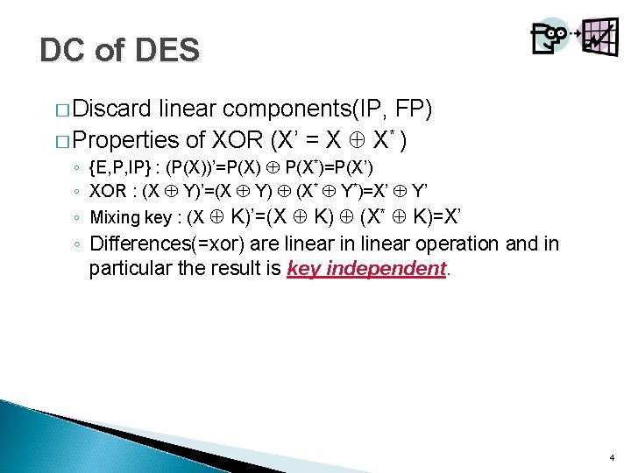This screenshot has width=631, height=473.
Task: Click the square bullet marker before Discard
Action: click(60, 110)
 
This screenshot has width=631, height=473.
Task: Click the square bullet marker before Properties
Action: click(60, 139)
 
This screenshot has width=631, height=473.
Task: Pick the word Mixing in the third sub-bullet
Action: click(116, 218)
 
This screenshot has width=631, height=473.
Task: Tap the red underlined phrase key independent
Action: click(366, 269)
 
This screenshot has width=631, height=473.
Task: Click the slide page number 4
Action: click(610, 458)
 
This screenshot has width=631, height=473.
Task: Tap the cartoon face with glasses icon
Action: click(549, 37)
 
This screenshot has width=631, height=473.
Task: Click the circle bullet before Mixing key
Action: click(78, 218)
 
